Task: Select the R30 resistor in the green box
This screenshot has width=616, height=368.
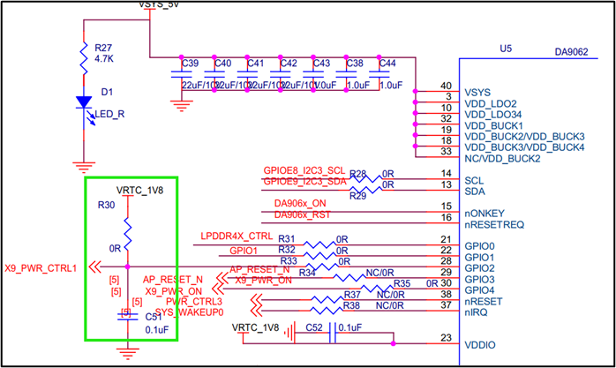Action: pyautogui.click(x=127, y=234)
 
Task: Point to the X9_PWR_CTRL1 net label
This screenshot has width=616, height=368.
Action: pyautogui.click(x=41, y=267)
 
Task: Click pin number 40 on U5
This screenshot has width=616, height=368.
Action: pyautogui.click(x=447, y=86)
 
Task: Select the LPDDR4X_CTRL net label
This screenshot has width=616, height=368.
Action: pyautogui.click(x=237, y=237)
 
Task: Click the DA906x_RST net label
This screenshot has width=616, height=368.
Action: pyautogui.click(x=304, y=214)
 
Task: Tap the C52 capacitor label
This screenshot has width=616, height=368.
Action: pyautogui.click(x=314, y=328)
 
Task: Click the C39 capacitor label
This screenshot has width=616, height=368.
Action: pyautogui.click(x=190, y=64)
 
